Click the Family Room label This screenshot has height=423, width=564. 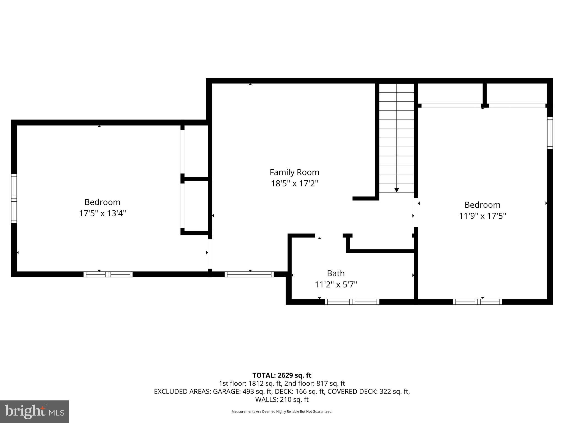pos(294,172)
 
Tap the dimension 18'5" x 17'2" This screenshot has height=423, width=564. pos(294,183)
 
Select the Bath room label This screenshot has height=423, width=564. pos(336,273)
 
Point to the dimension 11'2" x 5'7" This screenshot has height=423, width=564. pos(336,284)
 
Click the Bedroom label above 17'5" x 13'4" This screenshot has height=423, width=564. pos(102,202)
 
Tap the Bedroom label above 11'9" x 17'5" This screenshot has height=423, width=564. pos(482,205)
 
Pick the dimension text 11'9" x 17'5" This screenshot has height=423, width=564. pos(482,216)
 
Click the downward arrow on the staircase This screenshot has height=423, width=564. pos(397,190)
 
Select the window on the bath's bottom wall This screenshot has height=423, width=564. pos(352,302)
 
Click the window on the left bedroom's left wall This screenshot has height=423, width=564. pos(14,199)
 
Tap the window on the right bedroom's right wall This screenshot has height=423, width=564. pos(550,133)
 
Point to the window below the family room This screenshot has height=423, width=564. pos(249,274)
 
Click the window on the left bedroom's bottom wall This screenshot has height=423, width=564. pos(108,274)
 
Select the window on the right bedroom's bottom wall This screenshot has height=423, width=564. pos(478,302)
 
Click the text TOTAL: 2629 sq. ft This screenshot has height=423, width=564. pos(282,375)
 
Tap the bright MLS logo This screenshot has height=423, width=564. pos(34,412)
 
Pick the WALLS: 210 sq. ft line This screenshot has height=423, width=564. pos(282,400)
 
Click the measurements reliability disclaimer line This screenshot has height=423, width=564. pos(282,412)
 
